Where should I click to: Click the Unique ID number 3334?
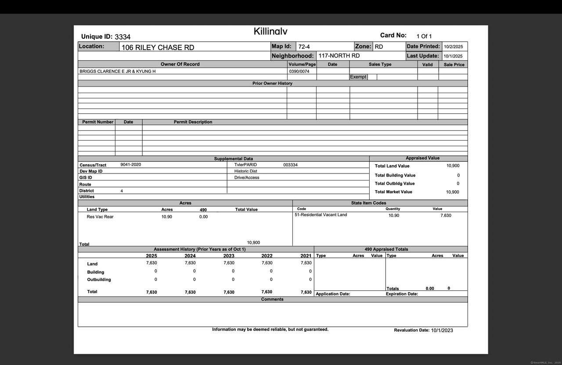coord(122,37)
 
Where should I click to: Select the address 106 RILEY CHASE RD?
coord(158,47)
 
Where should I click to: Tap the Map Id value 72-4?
coord(304,47)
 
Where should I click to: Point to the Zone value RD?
coord(378,47)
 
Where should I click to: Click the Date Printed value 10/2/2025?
coord(453,47)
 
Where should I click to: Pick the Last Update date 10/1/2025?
coord(453,56)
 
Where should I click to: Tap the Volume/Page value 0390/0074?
coord(299,71)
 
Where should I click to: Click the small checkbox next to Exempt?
coord(372,77)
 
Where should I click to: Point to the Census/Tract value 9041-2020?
coord(131,165)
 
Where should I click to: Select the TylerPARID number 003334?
coord(290,165)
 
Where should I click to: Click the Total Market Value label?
coord(393,192)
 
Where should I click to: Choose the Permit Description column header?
coord(193,122)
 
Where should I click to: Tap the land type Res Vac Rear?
coord(100,217)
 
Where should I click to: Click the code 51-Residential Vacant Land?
coord(321,215)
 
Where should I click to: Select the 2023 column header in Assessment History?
coord(229,256)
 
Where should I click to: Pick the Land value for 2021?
coord(306,263)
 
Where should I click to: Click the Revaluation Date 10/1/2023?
coord(442,330)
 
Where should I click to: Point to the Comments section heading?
coord(272,300)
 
